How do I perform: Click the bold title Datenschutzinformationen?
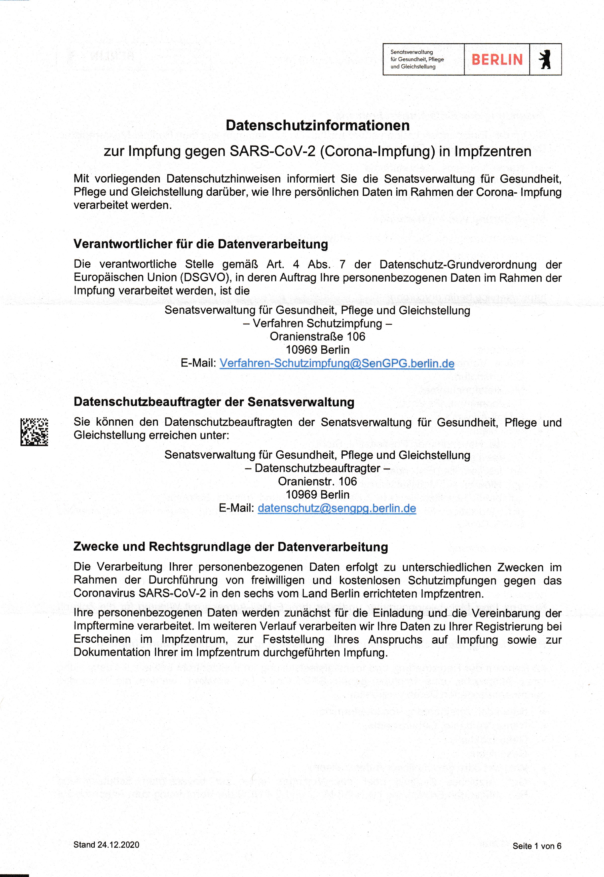point(318,126)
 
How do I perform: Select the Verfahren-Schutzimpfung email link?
point(336,363)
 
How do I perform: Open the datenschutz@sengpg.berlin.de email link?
point(336,508)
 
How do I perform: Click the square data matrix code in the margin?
point(34,432)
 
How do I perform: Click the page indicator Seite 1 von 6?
point(537,846)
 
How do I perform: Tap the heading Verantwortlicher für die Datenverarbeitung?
point(201,244)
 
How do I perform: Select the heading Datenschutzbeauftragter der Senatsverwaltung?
point(214,402)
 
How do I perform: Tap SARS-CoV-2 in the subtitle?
point(273,151)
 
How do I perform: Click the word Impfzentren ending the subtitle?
point(493,151)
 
